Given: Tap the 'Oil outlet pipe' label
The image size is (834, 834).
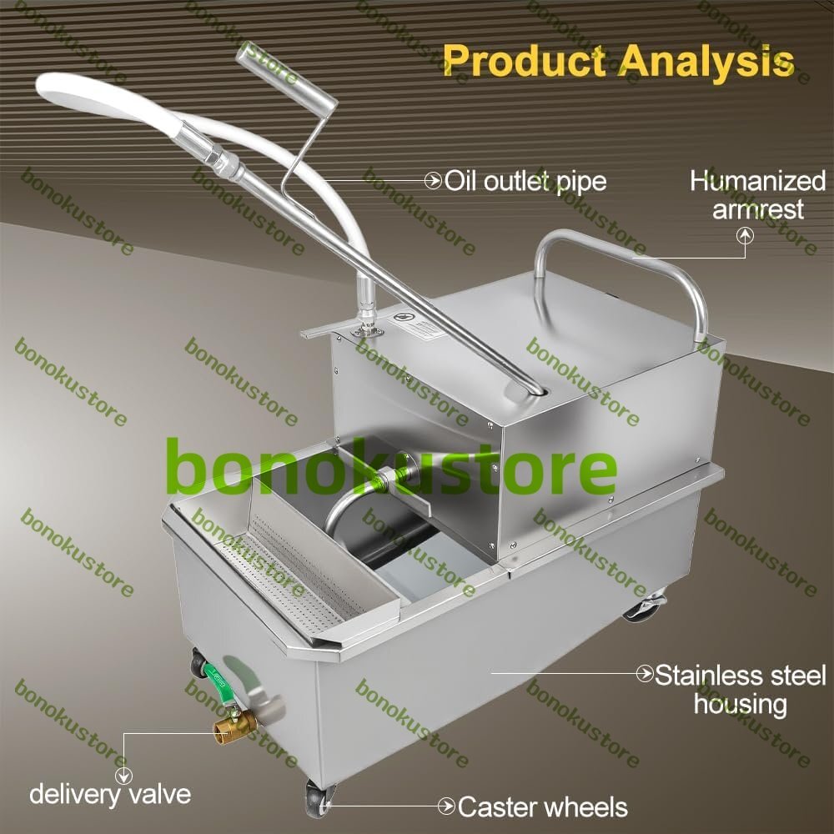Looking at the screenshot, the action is coord(525,181).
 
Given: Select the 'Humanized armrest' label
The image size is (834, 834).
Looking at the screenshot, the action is coord(758,194).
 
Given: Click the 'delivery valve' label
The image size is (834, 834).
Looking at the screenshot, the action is coord(110,794).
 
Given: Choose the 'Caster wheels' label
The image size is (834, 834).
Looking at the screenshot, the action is coord(543,806).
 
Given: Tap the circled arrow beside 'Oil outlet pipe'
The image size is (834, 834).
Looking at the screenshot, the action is coord(433,181).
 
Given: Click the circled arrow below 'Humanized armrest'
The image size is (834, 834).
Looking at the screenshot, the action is coord(745,236).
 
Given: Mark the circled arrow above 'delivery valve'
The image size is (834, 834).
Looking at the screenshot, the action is coord(123,775).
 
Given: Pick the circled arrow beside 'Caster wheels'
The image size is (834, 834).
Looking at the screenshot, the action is coord(446,806).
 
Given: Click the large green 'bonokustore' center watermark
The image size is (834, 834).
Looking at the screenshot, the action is coord(391,465).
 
